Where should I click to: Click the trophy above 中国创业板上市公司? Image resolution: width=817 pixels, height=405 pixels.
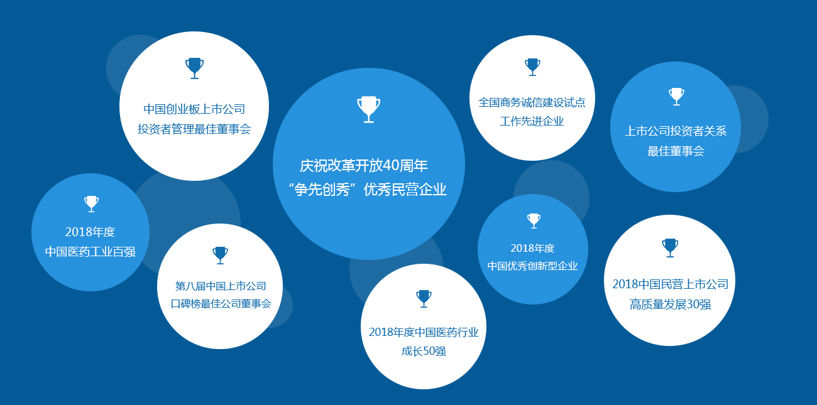(x=194, y=68)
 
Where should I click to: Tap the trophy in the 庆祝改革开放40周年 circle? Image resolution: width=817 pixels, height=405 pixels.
(x=368, y=109)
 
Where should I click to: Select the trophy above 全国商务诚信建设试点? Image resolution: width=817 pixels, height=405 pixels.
(x=532, y=67)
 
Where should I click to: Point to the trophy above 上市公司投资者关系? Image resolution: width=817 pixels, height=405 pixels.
(x=676, y=97)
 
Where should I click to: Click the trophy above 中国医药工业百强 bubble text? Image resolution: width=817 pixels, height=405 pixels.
(x=91, y=204)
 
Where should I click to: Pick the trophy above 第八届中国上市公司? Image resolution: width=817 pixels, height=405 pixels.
(x=221, y=255)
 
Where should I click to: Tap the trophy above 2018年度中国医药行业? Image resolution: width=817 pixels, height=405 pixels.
(x=424, y=298)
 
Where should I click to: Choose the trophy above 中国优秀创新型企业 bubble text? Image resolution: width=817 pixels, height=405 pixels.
(x=534, y=221)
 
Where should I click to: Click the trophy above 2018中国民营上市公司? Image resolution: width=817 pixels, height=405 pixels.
(x=670, y=248)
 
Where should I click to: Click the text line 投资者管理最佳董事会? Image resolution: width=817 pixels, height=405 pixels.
(x=194, y=129)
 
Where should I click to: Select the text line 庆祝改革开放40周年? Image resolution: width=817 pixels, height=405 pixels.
(x=364, y=166)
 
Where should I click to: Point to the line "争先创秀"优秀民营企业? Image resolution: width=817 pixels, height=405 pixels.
(x=368, y=190)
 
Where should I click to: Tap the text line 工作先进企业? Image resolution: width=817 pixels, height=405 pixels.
(x=532, y=121)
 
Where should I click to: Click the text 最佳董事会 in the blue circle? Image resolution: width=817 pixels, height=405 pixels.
(x=676, y=151)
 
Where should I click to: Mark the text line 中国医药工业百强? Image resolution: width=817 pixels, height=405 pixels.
(x=90, y=252)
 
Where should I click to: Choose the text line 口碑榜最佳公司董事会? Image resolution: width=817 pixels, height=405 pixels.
(x=221, y=304)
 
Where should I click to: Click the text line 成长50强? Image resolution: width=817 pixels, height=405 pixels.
(x=424, y=352)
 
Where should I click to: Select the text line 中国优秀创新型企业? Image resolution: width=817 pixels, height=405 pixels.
(x=532, y=266)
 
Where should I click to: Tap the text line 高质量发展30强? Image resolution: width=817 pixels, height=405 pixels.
(x=670, y=305)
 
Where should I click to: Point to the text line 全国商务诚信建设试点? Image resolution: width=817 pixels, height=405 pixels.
(x=532, y=103)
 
